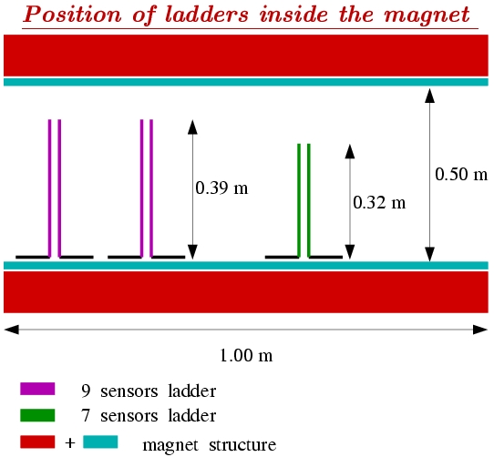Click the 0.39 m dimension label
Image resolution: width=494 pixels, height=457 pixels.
coord(221,188)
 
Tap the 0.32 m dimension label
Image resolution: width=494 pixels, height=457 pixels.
coord(379,202)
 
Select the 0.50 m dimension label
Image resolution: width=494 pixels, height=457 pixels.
coord(461,174)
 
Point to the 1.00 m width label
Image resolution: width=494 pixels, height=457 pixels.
coord(246,356)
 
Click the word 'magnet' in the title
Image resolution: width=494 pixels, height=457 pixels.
coord(427,15)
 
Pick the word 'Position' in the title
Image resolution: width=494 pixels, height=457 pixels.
coord(72,15)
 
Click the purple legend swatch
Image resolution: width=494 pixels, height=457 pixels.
coord(37,389)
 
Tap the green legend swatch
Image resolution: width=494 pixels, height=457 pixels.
coord(37,415)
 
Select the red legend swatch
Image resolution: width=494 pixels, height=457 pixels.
coord(37,442)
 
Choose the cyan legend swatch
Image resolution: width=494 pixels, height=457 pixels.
coord(100,442)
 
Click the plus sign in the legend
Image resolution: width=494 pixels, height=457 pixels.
coord(70,443)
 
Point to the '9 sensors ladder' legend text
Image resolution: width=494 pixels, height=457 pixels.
coord(149,391)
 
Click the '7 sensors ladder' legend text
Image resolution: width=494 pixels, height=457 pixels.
coord(149,416)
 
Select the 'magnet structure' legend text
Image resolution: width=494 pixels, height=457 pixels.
coord(210,445)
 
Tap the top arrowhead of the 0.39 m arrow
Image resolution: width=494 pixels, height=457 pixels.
coord(192,127)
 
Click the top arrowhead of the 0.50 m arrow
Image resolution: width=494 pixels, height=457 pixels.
coord(429,96)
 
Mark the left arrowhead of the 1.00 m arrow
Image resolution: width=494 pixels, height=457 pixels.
coord(11,330)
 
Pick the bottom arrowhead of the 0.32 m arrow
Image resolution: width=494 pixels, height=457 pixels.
coord(350,252)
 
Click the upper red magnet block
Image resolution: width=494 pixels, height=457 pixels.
coord(246,56)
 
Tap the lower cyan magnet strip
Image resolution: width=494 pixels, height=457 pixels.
coord(246,265)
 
